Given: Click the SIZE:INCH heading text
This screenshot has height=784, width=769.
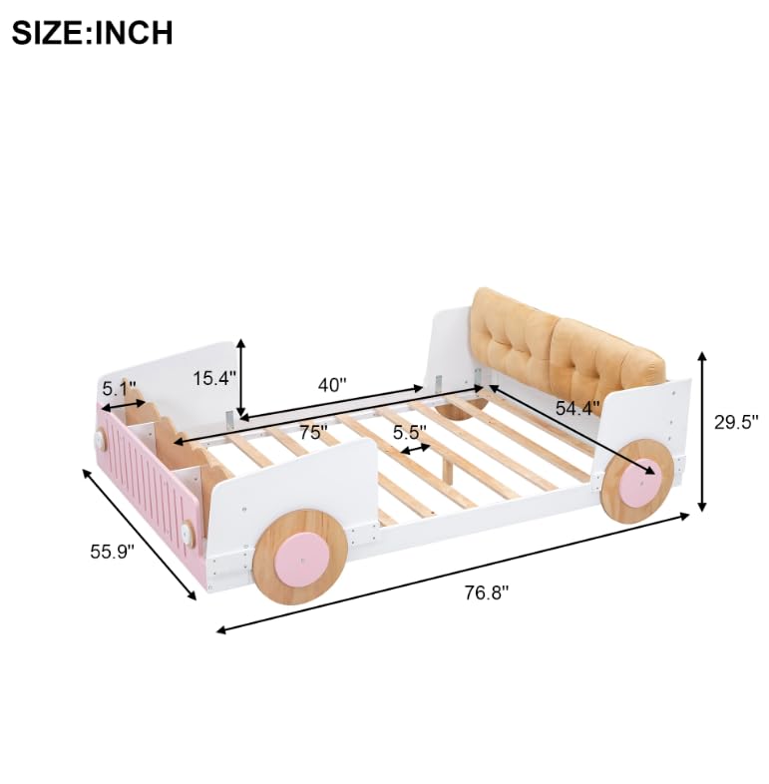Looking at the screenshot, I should click(92, 32).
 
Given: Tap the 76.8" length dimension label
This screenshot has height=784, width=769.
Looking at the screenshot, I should click(486, 591).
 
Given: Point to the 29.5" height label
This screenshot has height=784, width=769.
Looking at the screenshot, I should click(736, 422).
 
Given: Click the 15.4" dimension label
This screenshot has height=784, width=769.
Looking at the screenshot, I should click(213, 379).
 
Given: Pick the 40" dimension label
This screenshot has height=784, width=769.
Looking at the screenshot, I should click(331, 384).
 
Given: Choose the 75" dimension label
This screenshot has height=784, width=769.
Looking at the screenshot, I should click(312, 433).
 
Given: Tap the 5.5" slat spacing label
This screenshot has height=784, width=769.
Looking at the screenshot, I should click(409, 432).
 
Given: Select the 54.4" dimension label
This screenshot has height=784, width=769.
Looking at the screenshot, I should click(577, 407).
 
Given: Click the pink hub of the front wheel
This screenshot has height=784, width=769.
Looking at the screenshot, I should click(299, 558).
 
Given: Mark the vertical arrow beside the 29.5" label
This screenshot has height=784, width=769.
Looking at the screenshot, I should click(703, 431).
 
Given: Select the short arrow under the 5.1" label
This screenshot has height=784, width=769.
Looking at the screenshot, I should click(123, 406).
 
